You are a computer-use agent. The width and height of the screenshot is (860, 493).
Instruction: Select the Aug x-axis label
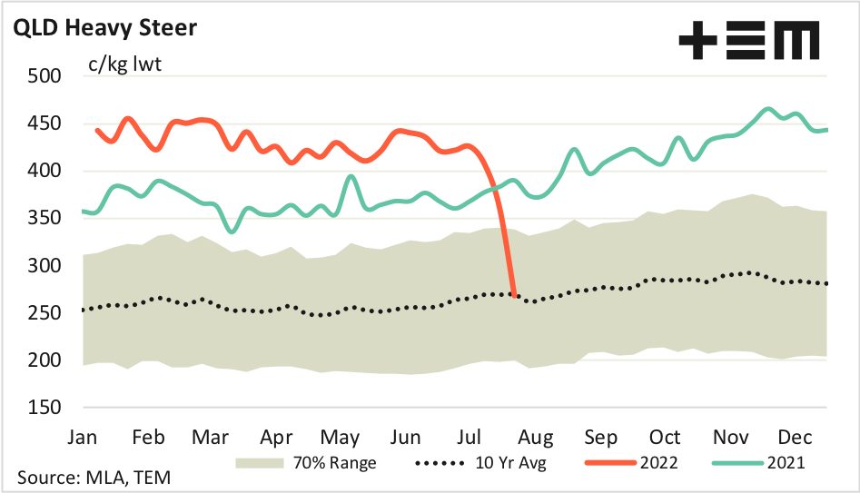point(533,436)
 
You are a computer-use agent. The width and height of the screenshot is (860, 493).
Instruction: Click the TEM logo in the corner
point(748,41)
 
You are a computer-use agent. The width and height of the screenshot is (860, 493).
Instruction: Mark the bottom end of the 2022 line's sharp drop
point(515,295)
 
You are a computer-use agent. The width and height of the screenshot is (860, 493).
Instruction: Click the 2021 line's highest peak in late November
point(768,109)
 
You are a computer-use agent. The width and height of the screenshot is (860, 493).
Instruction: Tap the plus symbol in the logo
point(698,41)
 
